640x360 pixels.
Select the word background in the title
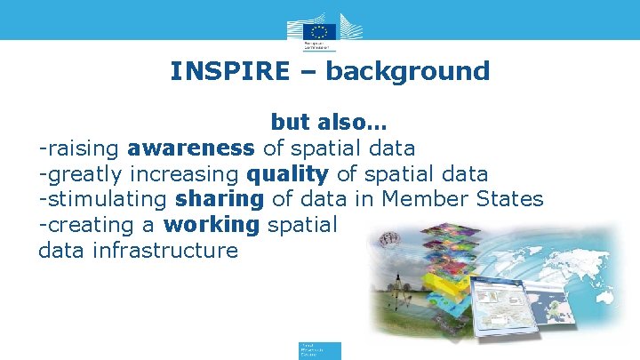click(x=408, y=71)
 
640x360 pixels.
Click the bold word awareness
click(x=191, y=147)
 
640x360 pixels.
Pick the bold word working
click(x=212, y=224)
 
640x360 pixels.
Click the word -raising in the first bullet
click(x=79, y=147)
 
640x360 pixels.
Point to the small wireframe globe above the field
click(x=388, y=239)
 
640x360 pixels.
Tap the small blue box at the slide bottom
click(x=319, y=349)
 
